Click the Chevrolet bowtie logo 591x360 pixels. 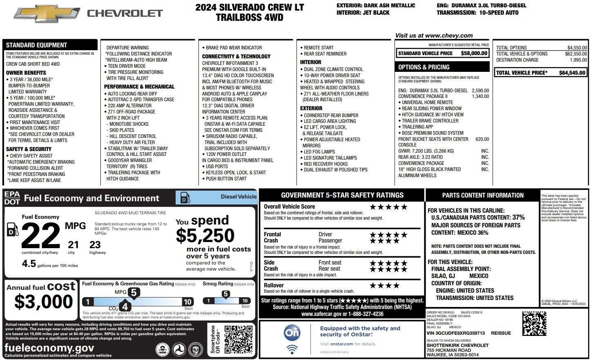[x=47, y=13]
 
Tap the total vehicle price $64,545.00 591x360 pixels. [x=573, y=73]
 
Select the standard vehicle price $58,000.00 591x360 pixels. [x=474, y=53]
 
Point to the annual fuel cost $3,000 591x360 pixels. [x=43, y=302]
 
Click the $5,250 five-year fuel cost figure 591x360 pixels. [x=205, y=236]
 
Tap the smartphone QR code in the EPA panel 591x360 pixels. [x=238, y=340]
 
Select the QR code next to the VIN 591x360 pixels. [x=534, y=323]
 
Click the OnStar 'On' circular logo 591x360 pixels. [x=292, y=333]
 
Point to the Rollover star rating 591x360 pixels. [x=384, y=286]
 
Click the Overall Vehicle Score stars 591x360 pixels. [x=388, y=207]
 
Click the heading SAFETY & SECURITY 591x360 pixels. [x=29, y=149]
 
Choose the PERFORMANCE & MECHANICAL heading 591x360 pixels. [x=139, y=87]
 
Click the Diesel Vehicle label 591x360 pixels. [x=239, y=197]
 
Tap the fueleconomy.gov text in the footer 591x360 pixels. [x=49, y=348]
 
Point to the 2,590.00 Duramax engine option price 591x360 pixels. [x=480, y=91]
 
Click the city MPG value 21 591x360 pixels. [x=73, y=244]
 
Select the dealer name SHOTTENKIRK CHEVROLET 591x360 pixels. [x=457, y=345]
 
